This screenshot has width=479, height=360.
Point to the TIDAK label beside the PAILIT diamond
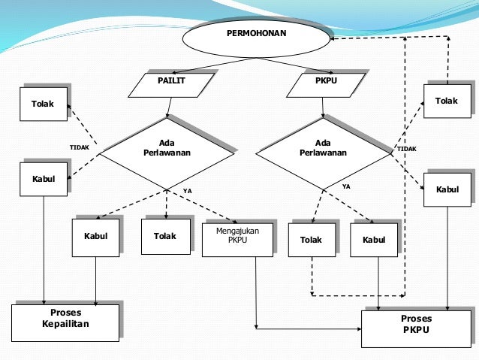pyautogui.click(x=79, y=147)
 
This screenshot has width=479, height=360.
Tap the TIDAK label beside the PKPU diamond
pyautogui.click(x=406, y=149)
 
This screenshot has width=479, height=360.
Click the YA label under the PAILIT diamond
pyautogui.click(x=187, y=191)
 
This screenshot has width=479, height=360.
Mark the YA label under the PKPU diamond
pyautogui.click(x=346, y=185)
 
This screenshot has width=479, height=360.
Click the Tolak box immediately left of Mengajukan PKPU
pyautogui.click(x=165, y=235)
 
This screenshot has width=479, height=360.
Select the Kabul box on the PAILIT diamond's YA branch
pyautogui.click(x=95, y=236)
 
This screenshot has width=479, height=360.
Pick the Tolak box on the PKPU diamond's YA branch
pyautogui.click(x=311, y=240)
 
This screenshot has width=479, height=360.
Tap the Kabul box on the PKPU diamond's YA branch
pyautogui.click(x=373, y=240)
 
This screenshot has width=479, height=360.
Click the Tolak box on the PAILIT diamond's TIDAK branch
pyautogui.click(x=43, y=104)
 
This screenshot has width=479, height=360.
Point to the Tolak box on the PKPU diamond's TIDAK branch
pyautogui.click(x=446, y=101)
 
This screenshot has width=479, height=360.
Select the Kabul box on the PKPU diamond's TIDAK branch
pyautogui.click(x=447, y=189)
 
